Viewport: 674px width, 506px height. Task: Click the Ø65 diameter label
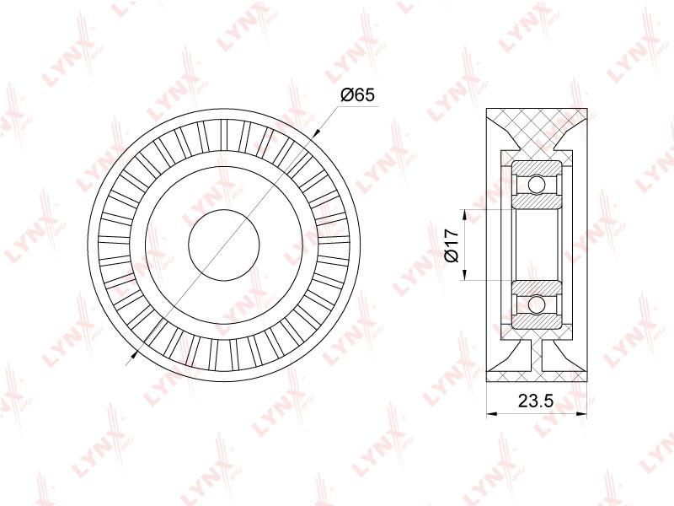pyautogui.click(x=357, y=94)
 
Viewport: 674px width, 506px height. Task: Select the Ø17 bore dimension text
pyautogui.click(x=452, y=245)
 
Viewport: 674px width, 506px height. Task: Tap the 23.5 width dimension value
pyautogui.click(x=535, y=401)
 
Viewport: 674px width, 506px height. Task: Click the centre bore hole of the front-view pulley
pyautogui.click(x=224, y=245)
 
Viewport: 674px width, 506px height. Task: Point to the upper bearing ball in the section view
pyautogui.click(x=537, y=185)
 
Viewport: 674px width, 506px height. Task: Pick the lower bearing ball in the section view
pyautogui.click(x=537, y=305)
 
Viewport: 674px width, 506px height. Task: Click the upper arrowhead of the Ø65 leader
pyautogui.click(x=317, y=133)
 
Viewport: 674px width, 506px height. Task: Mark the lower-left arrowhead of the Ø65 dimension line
pyautogui.click(x=133, y=355)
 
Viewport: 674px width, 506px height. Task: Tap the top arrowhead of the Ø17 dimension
pyautogui.click(x=464, y=215)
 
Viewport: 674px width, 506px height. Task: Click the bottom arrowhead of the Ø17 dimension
pyautogui.click(x=464, y=276)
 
